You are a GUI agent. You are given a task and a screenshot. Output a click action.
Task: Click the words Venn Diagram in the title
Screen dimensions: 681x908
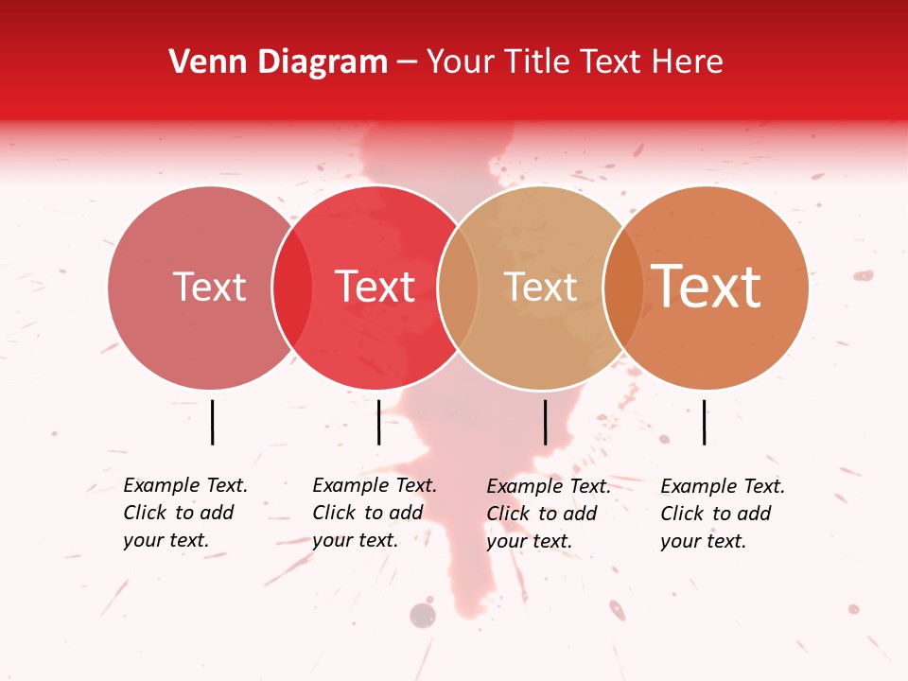(x=278, y=62)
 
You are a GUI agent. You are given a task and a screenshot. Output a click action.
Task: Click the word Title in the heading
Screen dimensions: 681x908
(x=538, y=62)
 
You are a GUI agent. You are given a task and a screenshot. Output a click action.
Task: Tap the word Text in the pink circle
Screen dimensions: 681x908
(x=209, y=287)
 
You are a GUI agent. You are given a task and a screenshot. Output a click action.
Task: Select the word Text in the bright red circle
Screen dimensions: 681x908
(x=375, y=287)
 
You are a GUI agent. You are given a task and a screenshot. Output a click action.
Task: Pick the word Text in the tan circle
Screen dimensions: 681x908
(x=540, y=287)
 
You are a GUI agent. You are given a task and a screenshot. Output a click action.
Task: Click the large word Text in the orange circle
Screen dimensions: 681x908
(x=707, y=287)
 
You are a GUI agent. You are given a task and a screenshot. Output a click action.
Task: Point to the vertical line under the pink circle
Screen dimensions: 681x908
(x=212, y=422)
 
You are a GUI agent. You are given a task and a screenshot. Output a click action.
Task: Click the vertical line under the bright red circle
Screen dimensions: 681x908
(x=378, y=422)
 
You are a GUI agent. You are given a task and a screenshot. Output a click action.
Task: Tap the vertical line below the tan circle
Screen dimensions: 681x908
(x=545, y=422)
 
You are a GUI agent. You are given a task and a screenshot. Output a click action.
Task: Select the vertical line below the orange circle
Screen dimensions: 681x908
(x=704, y=422)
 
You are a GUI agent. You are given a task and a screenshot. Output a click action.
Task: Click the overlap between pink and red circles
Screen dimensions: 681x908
(x=292, y=287)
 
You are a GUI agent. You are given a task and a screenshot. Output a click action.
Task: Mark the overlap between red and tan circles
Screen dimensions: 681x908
(x=458, y=287)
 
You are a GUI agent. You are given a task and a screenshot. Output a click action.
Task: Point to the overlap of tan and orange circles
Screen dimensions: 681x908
(x=623, y=287)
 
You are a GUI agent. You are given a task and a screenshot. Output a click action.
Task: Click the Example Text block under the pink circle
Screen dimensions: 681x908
(x=184, y=513)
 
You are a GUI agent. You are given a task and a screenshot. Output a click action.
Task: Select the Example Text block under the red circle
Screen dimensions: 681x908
(x=374, y=513)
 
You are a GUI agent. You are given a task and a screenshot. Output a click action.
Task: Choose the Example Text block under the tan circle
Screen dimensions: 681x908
(x=548, y=514)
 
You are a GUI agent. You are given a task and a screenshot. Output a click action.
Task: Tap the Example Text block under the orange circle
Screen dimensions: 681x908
(x=722, y=514)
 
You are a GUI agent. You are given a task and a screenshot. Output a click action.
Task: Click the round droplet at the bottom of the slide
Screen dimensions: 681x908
(x=423, y=616)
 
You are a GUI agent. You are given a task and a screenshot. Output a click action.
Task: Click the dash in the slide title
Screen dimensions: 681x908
(x=407, y=63)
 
